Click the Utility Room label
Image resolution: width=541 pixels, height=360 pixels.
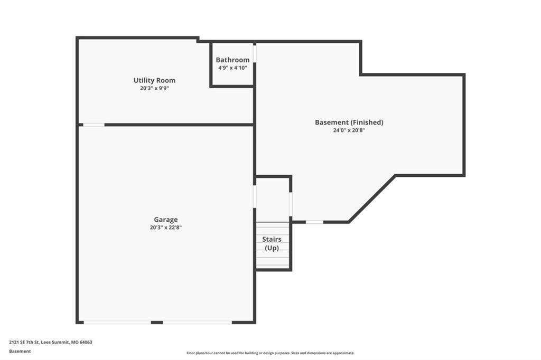click(x=155, y=80)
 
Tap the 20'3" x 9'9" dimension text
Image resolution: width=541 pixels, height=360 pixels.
click(x=155, y=88)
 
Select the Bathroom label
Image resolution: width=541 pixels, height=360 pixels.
click(x=232, y=60)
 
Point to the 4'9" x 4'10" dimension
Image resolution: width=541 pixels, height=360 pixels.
click(x=232, y=68)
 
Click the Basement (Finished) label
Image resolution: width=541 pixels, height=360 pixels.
click(x=349, y=122)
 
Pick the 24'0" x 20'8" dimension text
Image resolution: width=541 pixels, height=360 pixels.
click(x=349, y=130)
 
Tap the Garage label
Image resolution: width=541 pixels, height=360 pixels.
click(x=166, y=220)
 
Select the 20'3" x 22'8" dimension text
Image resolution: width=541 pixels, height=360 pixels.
click(x=166, y=228)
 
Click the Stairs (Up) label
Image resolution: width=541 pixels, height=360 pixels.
click(x=272, y=243)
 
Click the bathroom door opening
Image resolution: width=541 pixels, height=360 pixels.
click(x=255, y=54)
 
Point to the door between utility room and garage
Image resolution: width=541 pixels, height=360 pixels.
click(x=94, y=125)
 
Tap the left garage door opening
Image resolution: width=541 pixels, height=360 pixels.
click(x=117, y=323)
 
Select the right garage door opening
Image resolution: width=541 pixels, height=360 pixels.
click(x=198, y=323)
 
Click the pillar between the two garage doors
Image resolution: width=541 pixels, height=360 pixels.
click(x=157, y=323)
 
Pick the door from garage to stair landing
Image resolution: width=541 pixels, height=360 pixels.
click(x=255, y=196)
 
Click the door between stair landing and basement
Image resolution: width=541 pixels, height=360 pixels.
click(x=291, y=204)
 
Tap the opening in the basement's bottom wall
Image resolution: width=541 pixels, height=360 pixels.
click(x=315, y=222)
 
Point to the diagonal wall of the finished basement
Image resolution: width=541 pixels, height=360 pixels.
click(x=372, y=198)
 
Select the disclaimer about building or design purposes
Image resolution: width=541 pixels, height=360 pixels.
click(x=270, y=353)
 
